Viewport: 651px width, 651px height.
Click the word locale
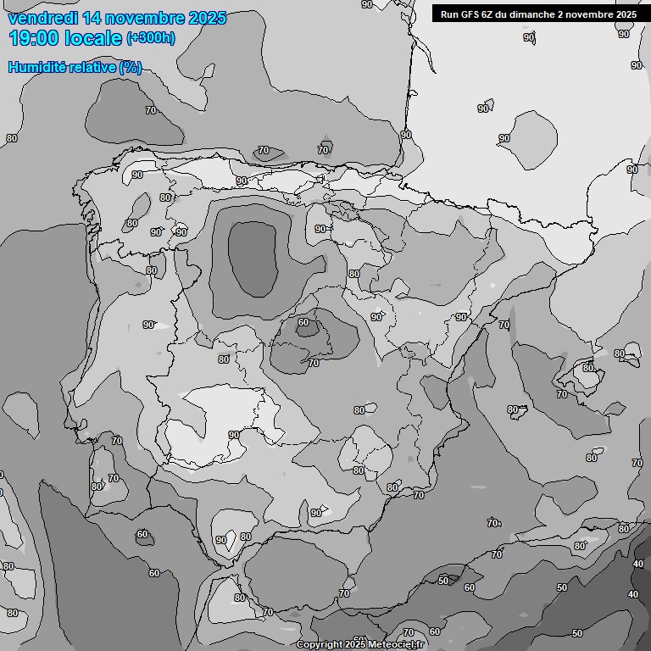tap(97, 38)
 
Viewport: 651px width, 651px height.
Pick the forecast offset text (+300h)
tap(151, 38)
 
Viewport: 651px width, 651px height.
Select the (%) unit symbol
tap(131, 68)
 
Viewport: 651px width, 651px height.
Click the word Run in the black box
tap(450, 14)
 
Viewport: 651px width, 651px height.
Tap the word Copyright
tap(320, 645)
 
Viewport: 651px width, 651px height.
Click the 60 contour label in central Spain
tap(303, 322)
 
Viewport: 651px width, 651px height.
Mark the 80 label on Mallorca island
tap(587, 368)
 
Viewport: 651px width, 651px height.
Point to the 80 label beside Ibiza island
tap(513, 409)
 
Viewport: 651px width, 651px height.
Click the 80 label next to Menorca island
tap(620, 353)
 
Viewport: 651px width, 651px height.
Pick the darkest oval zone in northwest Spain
tap(253, 257)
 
